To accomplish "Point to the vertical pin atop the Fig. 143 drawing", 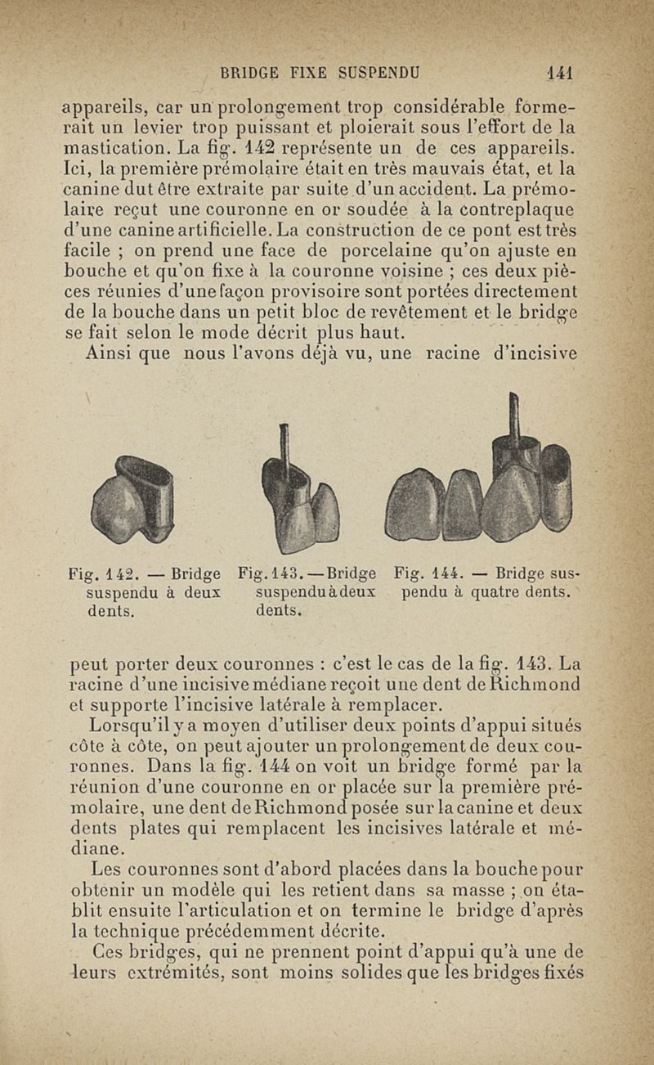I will pos(284,450).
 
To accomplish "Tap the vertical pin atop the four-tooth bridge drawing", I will pos(513,417).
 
